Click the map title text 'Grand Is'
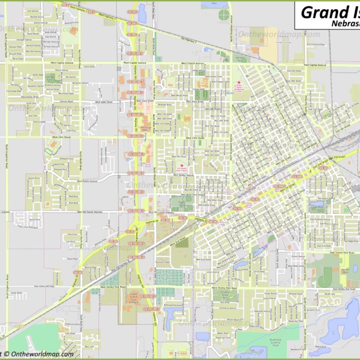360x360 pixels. tap(329, 11)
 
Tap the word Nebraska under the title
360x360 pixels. tap(345, 24)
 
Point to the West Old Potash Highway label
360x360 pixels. tap(90, 212)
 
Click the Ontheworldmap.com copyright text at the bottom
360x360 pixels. tap(38, 354)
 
